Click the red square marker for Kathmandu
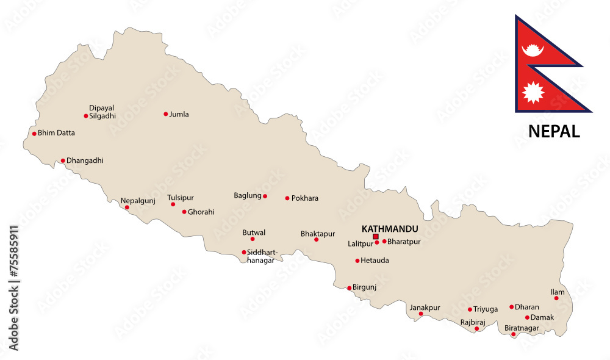pyautogui.click(x=376, y=237)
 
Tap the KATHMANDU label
pyautogui.click(x=389, y=229)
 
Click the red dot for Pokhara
pyautogui.click(x=287, y=198)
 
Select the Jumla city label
pyautogui.click(x=179, y=114)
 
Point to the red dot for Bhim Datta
pyautogui.click(x=34, y=134)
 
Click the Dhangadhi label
pyautogui.click(x=85, y=161)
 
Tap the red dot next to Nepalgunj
pyautogui.click(x=127, y=207)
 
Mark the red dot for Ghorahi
pyautogui.click(x=184, y=212)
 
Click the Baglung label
pyautogui.click(x=247, y=196)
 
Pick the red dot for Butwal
pyautogui.click(x=253, y=239)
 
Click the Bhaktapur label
pyautogui.click(x=318, y=234)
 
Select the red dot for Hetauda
pyautogui.click(x=357, y=261)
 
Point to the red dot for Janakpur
pyautogui.click(x=421, y=314)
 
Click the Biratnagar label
pyautogui.click(x=522, y=328)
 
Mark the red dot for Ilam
pyautogui.click(x=556, y=298)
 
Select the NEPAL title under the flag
pyautogui.click(x=553, y=131)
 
